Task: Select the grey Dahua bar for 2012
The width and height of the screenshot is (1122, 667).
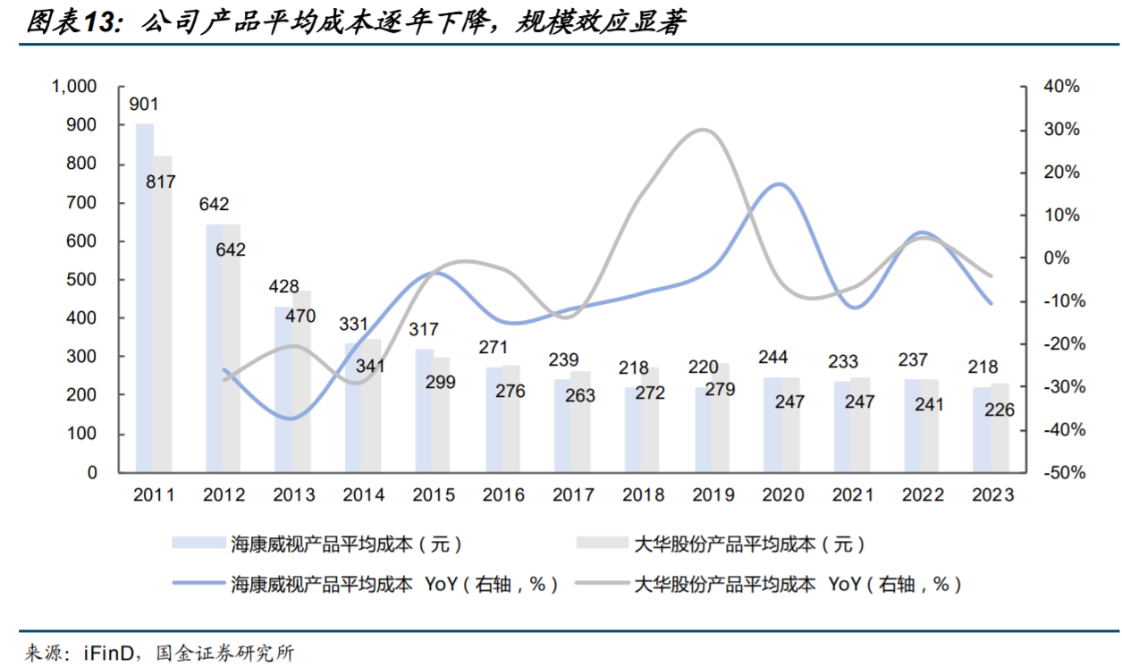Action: click(231, 348)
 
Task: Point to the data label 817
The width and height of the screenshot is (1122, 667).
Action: click(161, 182)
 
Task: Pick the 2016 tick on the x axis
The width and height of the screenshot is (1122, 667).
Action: click(502, 495)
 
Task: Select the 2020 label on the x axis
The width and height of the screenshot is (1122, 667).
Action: click(781, 495)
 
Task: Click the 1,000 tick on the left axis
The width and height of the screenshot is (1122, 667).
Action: click(74, 87)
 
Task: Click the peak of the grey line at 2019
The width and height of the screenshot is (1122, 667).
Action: click(704, 130)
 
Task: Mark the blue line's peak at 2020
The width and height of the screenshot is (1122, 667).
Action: click(780, 184)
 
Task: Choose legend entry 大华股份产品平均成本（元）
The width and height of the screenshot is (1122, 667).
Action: click(749, 543)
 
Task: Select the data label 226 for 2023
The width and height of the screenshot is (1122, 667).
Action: click(999, 409)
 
